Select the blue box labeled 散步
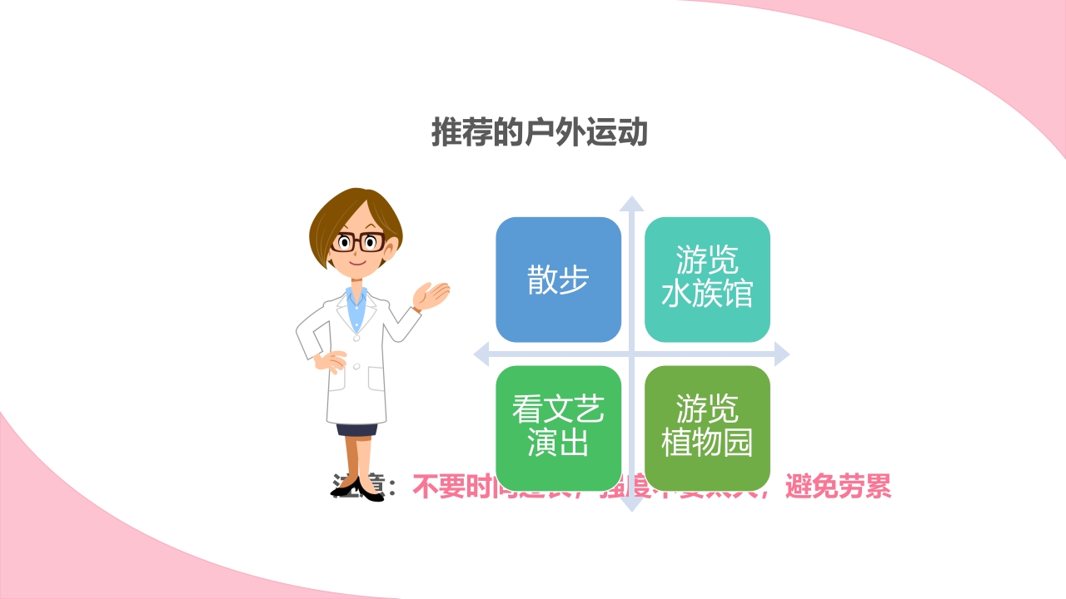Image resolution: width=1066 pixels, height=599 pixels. [558, 280]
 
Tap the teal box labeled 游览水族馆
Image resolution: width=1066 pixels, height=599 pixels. [707, 280]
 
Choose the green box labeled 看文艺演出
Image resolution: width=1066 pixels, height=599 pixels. [558, 428]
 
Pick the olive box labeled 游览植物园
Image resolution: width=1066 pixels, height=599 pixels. [707, 428]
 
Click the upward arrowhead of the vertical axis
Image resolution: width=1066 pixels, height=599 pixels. [631, 204]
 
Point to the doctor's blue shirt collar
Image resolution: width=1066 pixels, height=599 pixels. [356, 299]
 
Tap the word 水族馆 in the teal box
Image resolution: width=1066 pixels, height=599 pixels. [707, 295]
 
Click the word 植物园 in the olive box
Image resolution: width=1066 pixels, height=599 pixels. [707, 443]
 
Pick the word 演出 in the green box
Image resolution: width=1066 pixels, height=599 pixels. [558, 443]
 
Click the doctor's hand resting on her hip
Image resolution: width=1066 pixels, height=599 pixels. [331, 361]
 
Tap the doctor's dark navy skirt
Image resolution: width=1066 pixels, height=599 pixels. [356, 430]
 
